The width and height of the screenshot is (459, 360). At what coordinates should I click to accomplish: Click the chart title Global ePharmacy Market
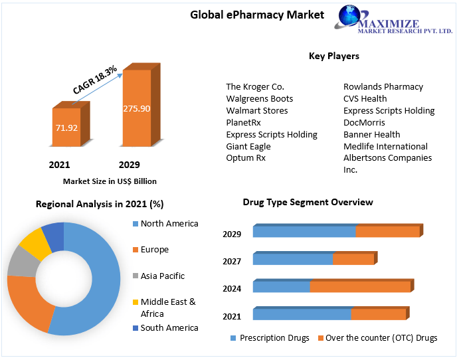257,15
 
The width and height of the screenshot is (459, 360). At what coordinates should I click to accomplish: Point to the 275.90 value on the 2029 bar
136,108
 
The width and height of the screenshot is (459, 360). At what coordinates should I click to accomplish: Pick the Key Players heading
333,56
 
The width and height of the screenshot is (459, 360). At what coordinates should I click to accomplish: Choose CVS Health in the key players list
365,98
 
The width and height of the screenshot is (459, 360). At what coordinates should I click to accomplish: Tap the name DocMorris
364,122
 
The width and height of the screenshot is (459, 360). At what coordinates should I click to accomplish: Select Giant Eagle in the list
248,146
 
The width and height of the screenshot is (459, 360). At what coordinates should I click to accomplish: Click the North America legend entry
169,224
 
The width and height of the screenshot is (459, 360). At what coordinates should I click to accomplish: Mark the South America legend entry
169,327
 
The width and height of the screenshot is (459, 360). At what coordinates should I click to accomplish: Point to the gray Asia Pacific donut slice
21,261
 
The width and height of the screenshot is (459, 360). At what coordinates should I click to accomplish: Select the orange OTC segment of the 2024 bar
359,286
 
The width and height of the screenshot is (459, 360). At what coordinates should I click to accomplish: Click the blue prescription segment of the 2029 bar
304,232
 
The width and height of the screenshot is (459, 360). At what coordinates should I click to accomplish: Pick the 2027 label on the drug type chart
232,262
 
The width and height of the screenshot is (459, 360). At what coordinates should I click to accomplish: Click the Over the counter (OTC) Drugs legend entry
377,338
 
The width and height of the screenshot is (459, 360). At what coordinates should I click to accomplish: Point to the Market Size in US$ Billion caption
110,181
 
